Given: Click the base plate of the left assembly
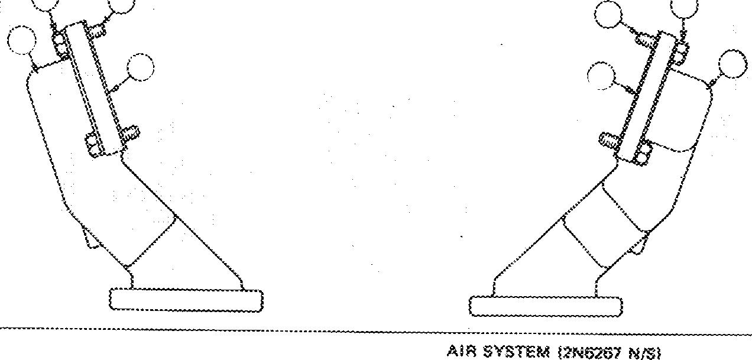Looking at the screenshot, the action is (186, 299).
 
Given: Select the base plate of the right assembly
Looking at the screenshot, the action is (546, 306).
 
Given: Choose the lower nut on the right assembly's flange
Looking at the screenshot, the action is (641, 155).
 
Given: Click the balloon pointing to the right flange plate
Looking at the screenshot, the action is (603, 76).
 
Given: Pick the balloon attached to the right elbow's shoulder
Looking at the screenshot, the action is (733, 64).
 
